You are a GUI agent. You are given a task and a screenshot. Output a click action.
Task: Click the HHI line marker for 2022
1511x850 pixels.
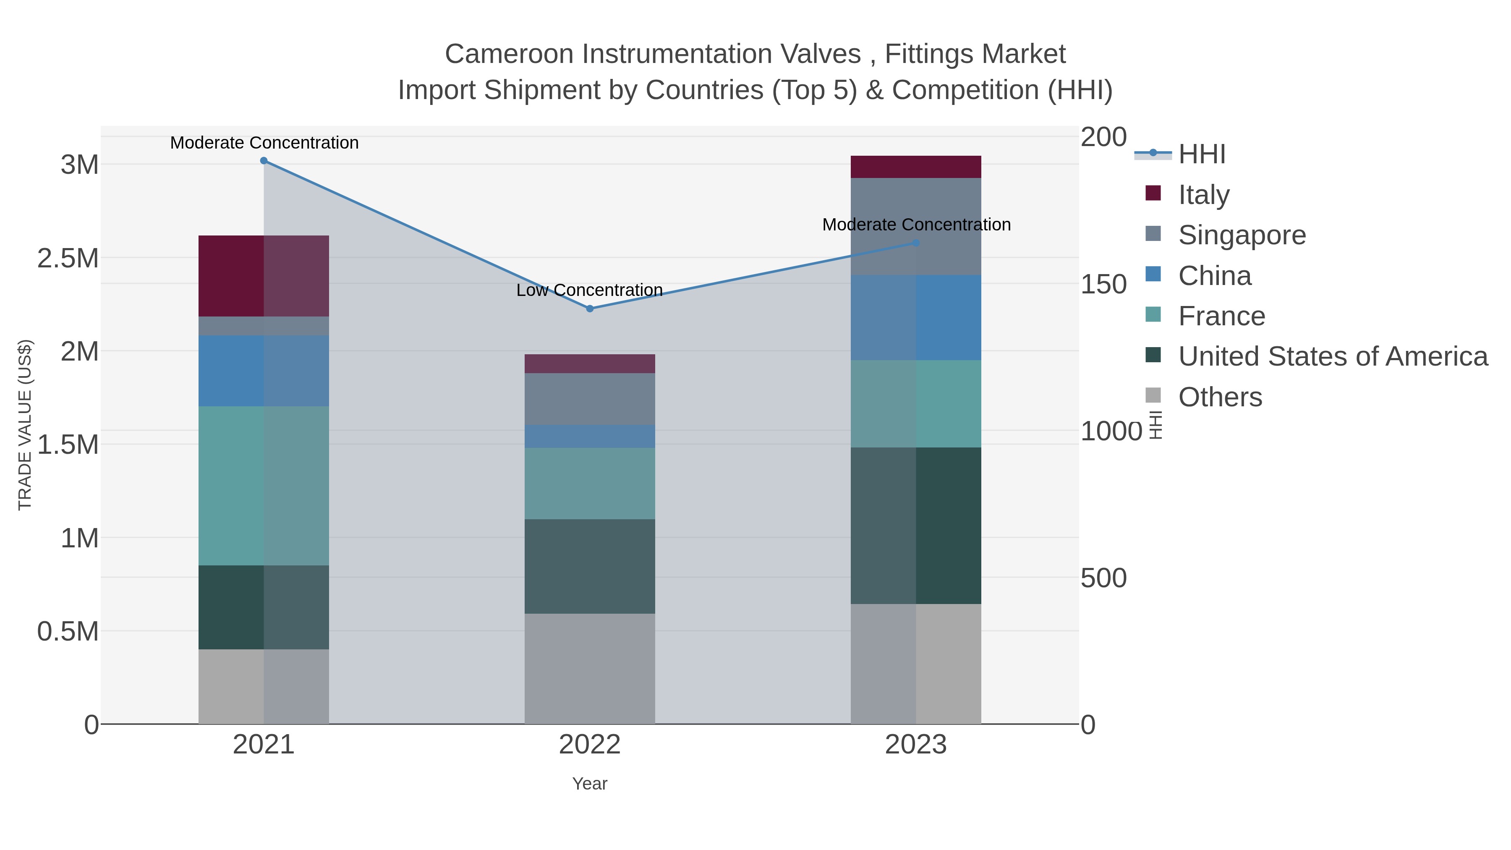[590, 309]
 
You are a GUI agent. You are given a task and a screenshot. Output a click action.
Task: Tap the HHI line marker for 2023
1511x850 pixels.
[916, 243]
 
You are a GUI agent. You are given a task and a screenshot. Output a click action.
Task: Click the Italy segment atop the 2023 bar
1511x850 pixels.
[916, 167]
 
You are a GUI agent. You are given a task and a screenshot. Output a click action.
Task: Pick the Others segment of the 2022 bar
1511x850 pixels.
[590, 669]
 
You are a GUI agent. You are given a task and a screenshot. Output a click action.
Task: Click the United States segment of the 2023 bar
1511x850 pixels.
[916, 526]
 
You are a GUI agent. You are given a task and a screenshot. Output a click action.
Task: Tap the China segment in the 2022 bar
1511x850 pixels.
[590, 437]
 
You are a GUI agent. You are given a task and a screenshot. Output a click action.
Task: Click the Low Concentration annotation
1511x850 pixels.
[590, 290]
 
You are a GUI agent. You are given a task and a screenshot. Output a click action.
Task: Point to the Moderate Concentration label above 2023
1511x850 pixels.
[916, 225]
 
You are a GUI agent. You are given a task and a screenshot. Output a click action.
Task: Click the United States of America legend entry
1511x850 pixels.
[1332, 357]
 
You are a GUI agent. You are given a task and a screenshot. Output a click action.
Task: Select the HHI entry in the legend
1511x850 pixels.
[1201, 154]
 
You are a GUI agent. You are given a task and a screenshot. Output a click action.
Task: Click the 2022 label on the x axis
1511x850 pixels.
[590, 745]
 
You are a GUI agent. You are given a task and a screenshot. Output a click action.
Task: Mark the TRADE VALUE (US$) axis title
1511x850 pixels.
[25, 425]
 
